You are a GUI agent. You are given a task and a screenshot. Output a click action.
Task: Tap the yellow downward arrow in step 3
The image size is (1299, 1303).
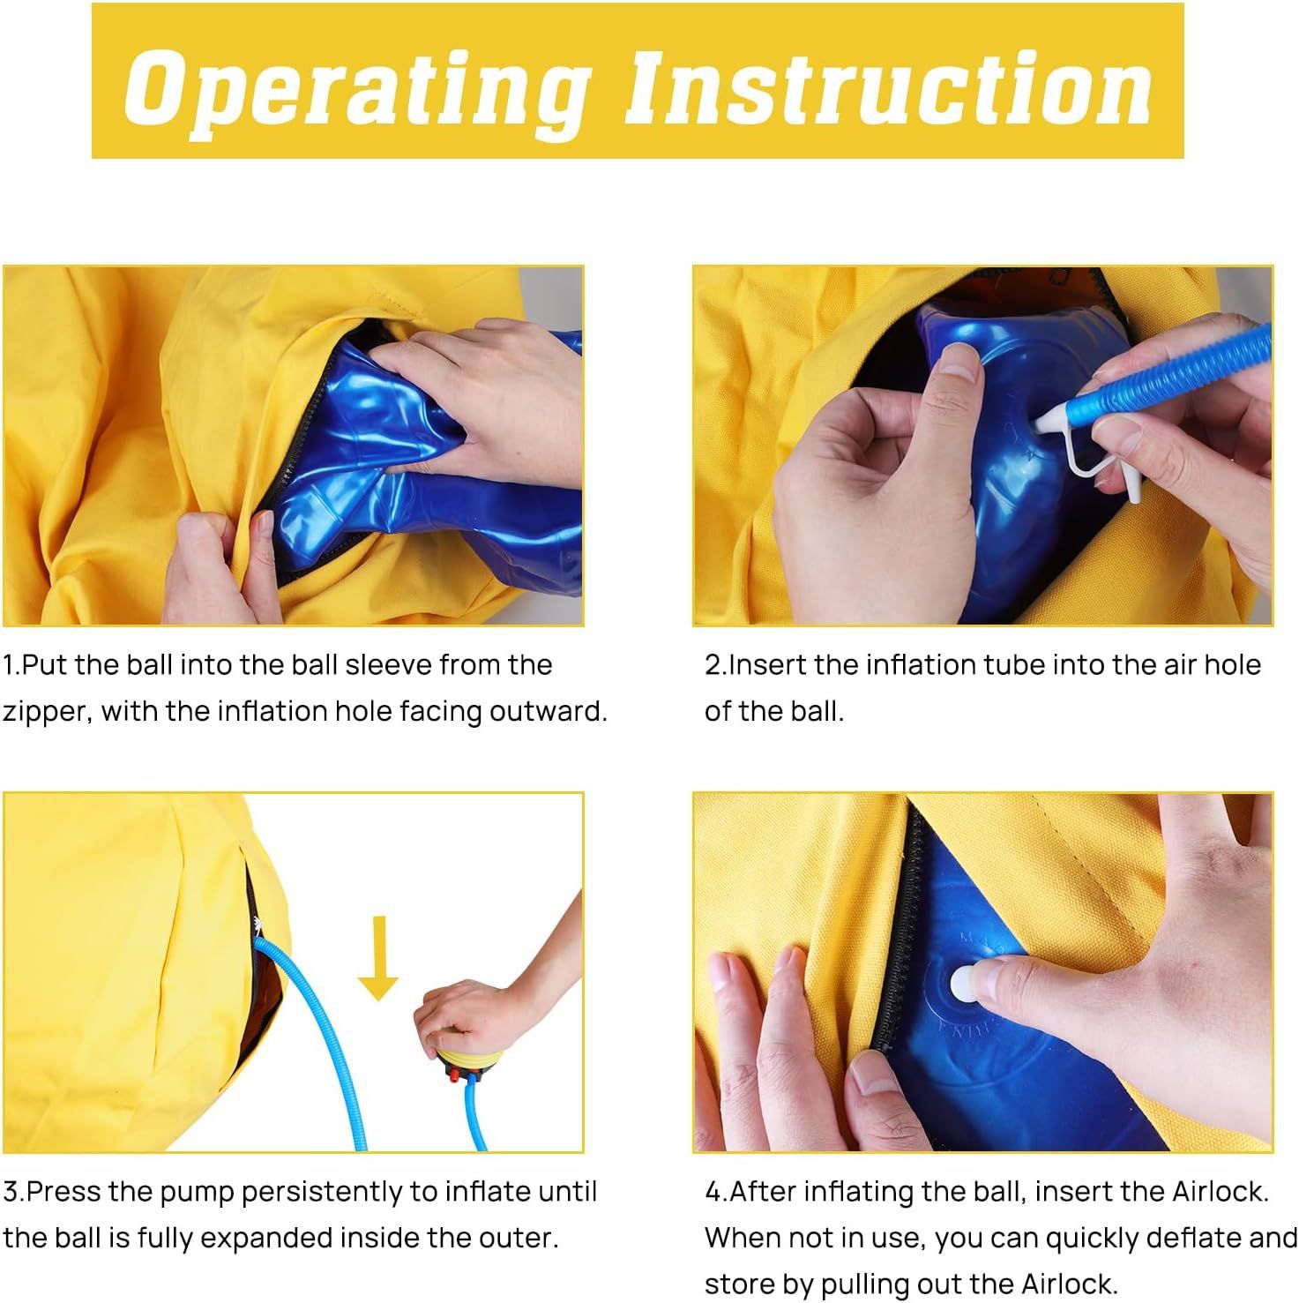tap(379, 958)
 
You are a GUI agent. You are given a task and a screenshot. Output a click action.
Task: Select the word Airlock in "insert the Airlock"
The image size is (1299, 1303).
tap(1221, 1192)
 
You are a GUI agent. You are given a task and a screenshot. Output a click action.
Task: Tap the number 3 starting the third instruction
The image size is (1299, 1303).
tap(11, 1192)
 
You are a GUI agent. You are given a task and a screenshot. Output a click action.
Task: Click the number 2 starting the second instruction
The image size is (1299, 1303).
tap(713, 665)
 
